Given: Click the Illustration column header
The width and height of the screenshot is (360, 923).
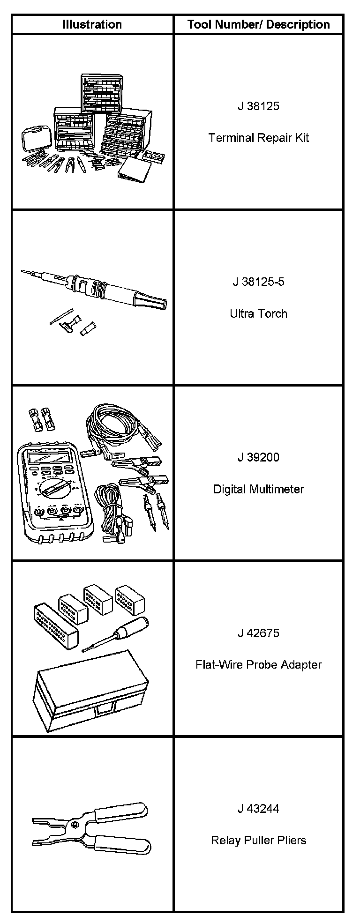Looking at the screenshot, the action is click(x=92, y=24).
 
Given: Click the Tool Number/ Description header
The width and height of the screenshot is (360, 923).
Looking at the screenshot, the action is click(x=258, y=24).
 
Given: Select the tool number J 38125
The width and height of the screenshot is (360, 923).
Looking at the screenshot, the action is click(x=258, y=106).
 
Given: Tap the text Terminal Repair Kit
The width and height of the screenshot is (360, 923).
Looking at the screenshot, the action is click(x=258, y=138).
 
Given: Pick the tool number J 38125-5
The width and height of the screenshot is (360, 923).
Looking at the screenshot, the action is click(x=258, y=282).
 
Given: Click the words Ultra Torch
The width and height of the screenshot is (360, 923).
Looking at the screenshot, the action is click(x=258, y=313).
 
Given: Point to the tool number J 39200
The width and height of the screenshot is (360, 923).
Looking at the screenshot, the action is click(x=258, y=457).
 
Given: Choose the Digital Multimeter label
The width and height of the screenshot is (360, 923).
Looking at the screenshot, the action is click(x=258, y=489).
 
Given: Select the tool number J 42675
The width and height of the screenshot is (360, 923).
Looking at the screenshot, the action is click(x=258, y=633).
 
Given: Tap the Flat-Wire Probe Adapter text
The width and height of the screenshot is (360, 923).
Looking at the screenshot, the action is click(x=258, y=665).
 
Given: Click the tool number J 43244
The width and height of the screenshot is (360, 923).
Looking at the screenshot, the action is click(x=258, y=809).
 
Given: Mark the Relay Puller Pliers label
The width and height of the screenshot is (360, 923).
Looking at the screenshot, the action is click(x=258, y=840).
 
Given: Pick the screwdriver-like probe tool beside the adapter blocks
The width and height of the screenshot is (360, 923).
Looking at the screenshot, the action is click(x=115, y=633).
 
